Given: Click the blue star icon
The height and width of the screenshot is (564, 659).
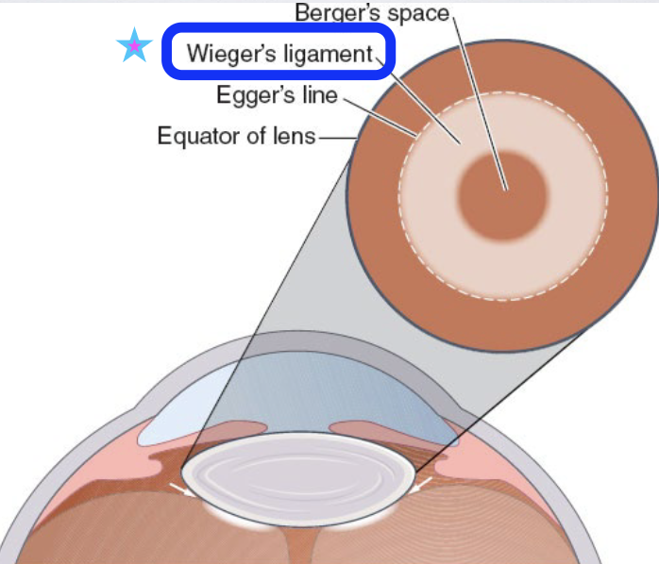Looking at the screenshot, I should pos(134,45).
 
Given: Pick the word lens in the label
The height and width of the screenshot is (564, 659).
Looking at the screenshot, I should pos(295,136).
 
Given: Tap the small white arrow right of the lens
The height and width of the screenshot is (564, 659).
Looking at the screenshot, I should pos(423,486).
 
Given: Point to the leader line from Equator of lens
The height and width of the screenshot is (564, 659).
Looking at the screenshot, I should pos(336,138).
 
